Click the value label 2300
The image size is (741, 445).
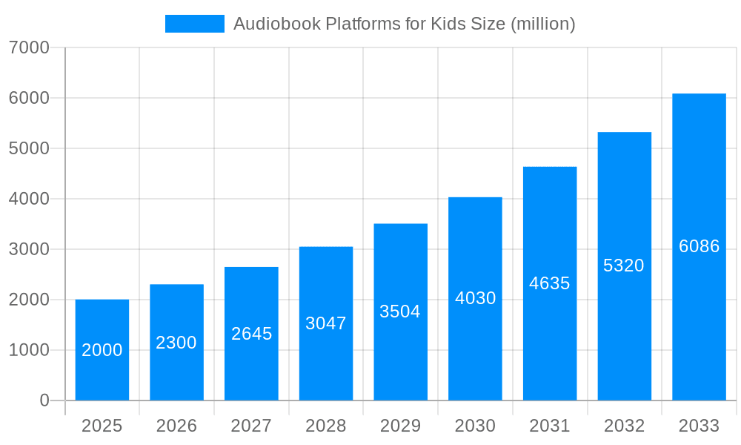pos(176,343)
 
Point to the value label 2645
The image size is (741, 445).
pos(251,334)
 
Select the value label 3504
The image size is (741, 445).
pos(400,311)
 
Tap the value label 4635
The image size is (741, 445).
pos(549,283)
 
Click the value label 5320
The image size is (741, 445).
pos(624,266)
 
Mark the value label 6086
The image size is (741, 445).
pos(699,246)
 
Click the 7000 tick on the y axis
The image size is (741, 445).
pos(29,47)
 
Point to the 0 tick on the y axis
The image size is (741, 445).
pos(44,400)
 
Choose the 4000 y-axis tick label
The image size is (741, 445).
pos(29,199)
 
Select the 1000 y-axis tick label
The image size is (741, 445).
pos(29,350)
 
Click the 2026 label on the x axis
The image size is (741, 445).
pos(176,426)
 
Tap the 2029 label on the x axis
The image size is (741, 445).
pos(400,426)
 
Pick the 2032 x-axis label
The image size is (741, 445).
pos(624,426)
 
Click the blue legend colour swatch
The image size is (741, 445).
pos(194,24)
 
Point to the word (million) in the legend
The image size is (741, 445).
pos(543,24)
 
